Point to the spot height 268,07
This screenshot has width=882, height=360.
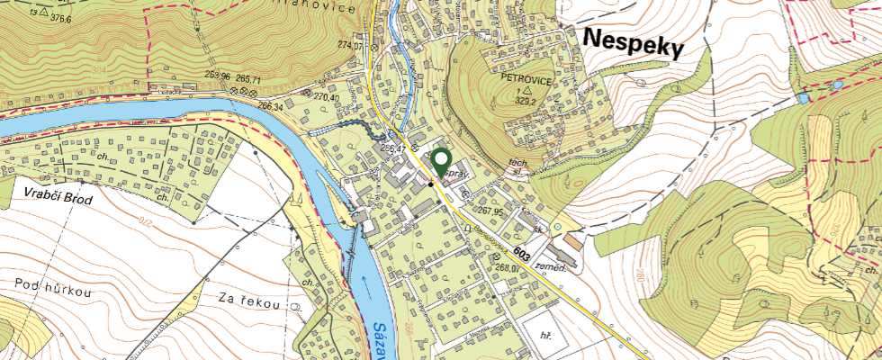[510, 266]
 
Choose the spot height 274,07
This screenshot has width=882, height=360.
[350, 45]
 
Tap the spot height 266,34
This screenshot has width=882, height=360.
[271, 105]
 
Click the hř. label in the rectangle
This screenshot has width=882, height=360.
[544, 334]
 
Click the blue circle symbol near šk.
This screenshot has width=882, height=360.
[557, 225]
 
